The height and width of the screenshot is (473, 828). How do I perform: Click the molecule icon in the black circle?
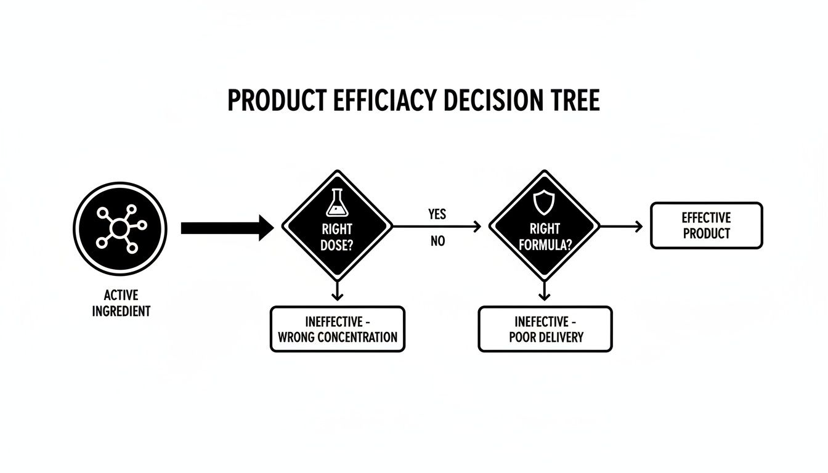click(121, 228)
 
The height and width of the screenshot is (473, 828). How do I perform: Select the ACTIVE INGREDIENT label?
click(121, 303)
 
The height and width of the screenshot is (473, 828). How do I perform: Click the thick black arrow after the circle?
click(227, 228)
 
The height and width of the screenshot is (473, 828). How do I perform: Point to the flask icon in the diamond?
click(337, 203)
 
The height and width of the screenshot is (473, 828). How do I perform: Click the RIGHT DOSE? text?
click(337, 237)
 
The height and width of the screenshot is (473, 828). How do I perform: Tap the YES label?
click(437, 214)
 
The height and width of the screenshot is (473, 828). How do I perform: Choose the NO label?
click(437, 241)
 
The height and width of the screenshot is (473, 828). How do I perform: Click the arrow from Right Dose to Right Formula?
click(437, 227)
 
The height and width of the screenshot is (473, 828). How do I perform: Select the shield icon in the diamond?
click(544, 203)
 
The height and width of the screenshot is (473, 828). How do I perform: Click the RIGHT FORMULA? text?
click(545, 237)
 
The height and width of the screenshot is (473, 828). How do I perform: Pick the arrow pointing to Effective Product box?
click(621, 227)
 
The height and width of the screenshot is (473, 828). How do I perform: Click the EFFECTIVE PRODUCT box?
click(707, 225)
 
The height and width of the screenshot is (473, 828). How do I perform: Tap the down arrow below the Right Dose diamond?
click(337, 291)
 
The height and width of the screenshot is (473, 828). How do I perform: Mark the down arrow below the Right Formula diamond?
click(544, 291)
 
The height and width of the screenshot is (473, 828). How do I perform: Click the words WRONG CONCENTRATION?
click(338, 337)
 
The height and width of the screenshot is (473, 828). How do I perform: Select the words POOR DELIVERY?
click(546, 337)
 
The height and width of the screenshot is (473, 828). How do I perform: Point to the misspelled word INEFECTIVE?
click(542, 322)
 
